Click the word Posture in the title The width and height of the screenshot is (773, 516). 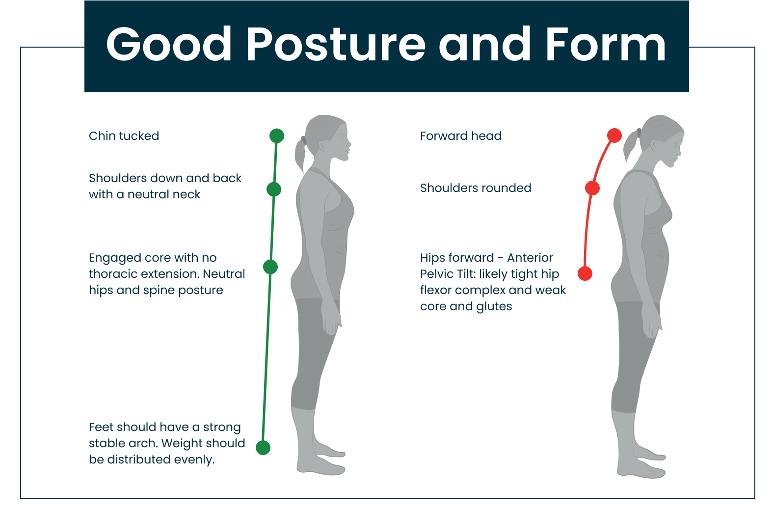click(336, 45)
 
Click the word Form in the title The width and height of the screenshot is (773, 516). click(606, 45)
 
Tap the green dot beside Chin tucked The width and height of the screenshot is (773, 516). click(277, 136)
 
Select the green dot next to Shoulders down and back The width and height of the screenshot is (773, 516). click(274, 190)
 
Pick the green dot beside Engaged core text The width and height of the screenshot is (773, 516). click(270, 267)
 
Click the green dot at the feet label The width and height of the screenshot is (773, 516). click(263, 448)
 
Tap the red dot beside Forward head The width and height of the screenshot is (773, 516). click(614, 136)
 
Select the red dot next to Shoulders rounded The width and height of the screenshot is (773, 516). click(592, 188)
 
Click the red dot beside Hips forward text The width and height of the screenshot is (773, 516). click(585, 273)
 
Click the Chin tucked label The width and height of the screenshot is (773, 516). click(124, 136)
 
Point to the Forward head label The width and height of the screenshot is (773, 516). click(461, 136)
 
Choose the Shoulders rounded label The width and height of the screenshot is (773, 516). click(476, 188)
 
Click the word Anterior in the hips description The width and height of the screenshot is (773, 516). click(530, 258)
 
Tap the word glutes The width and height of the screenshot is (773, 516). click(494, 306)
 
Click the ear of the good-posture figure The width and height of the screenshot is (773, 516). click(323, 146)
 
